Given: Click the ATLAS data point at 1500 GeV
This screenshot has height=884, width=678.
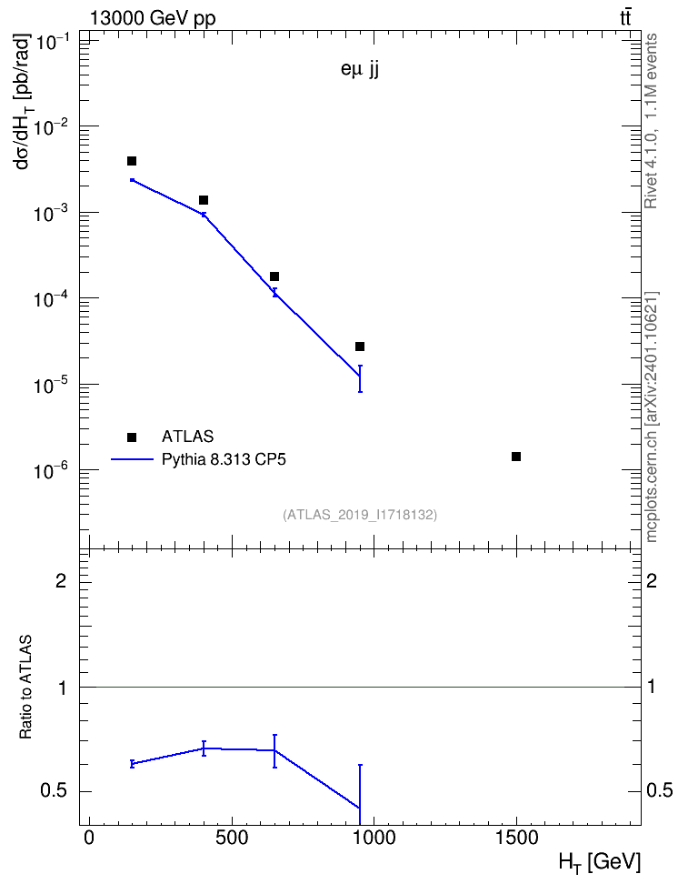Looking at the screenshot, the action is [x=515, y=456].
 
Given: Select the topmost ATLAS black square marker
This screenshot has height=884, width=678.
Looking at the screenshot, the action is [x=131, y=161].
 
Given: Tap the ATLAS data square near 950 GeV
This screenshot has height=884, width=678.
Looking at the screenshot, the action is [x=360, y=347].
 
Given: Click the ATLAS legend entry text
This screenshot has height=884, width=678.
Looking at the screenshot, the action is [x=187, y=437].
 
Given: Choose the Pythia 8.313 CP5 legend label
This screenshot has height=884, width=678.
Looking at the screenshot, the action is [x=224, y=459].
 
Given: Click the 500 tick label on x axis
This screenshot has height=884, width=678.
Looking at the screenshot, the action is [x=232, y=838].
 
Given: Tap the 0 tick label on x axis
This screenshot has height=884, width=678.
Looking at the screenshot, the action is [x=89, y=838].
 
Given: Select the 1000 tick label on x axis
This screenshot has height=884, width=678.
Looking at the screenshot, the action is [x=374, y=838].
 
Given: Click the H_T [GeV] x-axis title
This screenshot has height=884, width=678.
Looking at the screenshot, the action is [x=600, y=862].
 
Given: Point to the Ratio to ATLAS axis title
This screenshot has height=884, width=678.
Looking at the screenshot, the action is [x=26, y=687].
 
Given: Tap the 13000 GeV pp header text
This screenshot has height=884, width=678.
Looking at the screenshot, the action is [x=153, y=18].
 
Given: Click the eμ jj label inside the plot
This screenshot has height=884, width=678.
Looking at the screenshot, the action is [x=360, y=71].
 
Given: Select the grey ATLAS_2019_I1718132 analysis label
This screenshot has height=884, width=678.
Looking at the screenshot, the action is [x=360, y=515].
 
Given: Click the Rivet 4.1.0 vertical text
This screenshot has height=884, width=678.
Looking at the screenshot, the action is [x=651, y=121].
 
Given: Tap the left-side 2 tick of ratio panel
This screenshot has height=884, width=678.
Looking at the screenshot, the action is [x=61, y=580].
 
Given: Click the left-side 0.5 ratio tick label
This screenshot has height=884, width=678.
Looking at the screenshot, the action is [x=54, y=791].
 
